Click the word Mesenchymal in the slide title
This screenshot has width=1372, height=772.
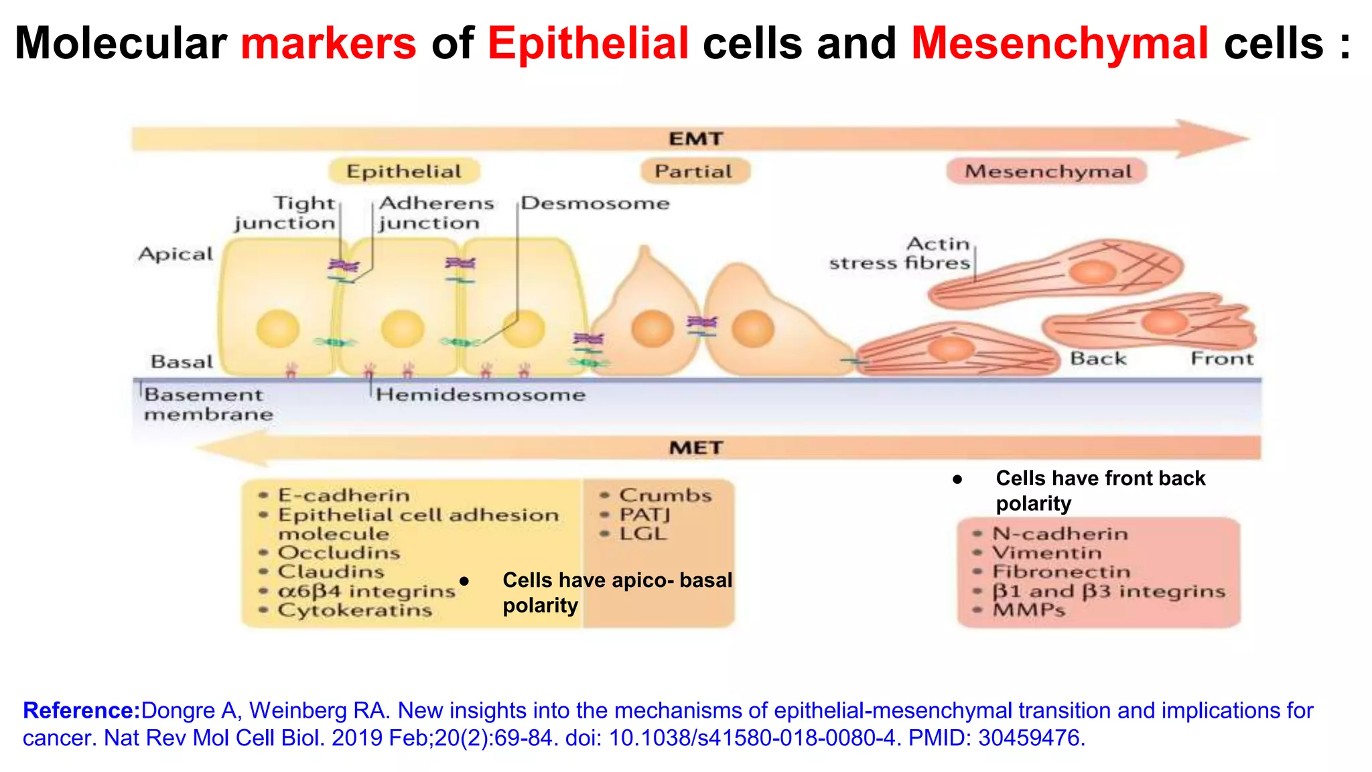[x=1060, y=44]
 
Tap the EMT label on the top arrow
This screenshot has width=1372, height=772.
[x=696, y=139]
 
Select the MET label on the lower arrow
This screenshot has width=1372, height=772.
[x=696, y=448]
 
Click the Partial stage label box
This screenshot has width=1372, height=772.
[x=694, y=172]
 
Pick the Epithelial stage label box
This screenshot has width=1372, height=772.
[x=404, y=172]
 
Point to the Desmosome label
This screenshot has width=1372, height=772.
[x=596, y=203]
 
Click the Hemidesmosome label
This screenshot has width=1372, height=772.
[x=480, y=395]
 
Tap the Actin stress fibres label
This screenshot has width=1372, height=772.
[x=900, y=253]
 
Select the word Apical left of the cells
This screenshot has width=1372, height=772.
[x=175, y=254]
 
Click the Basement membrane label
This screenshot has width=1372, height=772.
[x=208, y=404]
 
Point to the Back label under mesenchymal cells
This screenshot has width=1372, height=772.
[x=1098, y=359]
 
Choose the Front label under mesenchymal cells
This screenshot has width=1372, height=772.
[x=1221, y=359]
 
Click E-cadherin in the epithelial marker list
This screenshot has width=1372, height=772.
[x=344, y=495]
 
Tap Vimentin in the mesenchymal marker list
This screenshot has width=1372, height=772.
[x=1046, y=553]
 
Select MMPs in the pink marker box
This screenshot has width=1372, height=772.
[x=1028, y=610]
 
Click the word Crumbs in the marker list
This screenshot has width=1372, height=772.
[x=665, y=495]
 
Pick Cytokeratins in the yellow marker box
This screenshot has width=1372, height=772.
[x=354, y=610]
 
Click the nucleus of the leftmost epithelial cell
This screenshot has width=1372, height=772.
[x=277, y=328]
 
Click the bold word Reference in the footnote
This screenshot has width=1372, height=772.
[x=81, y=710]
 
